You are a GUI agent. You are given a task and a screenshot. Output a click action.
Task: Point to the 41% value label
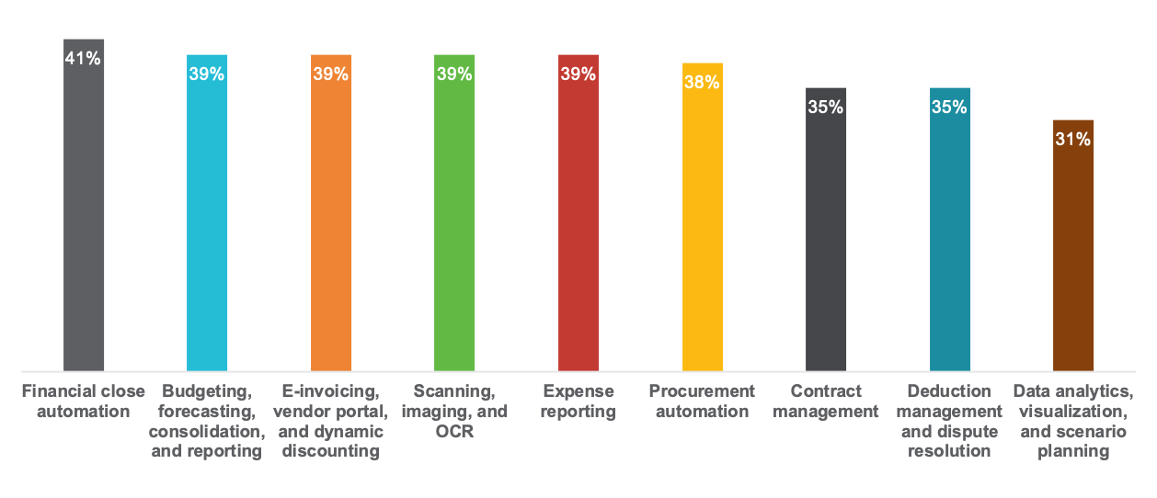(84, 59)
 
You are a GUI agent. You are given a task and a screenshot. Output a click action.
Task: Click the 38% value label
(703, 83)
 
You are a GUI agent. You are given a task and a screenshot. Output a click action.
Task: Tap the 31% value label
(1073, 140)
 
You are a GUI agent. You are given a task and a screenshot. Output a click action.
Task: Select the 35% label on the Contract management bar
(826, 107)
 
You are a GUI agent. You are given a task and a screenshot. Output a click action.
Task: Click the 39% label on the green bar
(454, 74)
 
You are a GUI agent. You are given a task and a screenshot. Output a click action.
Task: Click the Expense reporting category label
(578, 402)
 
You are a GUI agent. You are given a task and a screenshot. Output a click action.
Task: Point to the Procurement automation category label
(703, 402)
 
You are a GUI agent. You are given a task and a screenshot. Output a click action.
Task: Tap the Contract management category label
(826, 402)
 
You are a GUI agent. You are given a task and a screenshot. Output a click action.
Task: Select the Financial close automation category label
(84, 402)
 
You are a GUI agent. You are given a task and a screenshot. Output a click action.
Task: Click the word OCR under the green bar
(454, 432)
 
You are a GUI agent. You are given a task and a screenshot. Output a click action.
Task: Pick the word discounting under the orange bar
(331, 451)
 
